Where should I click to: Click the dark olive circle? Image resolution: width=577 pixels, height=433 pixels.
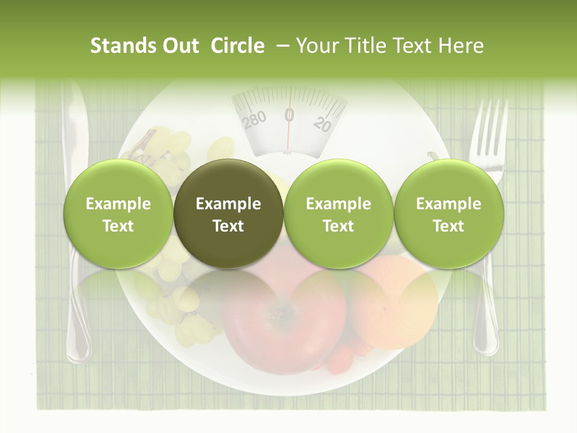tap(228, 214)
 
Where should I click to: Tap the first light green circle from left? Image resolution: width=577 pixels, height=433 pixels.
tap(118, 214)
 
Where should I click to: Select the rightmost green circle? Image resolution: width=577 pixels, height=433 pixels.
tap(448, 214)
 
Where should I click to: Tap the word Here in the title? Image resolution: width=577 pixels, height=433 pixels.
tap(461, 46)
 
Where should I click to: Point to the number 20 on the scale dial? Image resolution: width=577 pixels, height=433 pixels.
tap(323, 124)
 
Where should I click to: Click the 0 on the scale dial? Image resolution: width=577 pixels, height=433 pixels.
tap(289, 114)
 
